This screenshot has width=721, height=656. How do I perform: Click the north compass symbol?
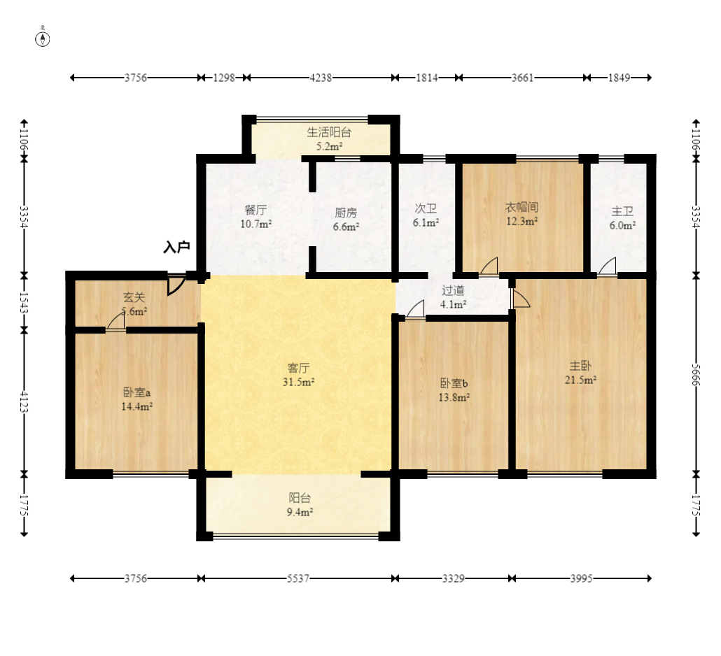[43, 38]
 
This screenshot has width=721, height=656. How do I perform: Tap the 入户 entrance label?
[176, 247]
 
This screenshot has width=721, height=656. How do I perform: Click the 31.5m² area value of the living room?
[298, 382]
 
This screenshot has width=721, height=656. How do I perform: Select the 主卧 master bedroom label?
[580, 366]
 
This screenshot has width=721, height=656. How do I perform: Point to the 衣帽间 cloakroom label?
[522, 207]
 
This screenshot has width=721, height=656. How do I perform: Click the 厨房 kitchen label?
[346, 213]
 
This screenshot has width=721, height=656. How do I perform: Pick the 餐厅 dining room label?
[255, 210]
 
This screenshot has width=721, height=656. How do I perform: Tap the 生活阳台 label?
[329, 132]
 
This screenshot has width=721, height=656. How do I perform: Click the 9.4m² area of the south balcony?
[300, 512]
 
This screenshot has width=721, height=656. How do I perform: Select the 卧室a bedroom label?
[137, 392]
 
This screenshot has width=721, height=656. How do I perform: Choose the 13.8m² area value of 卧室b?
[454, 397]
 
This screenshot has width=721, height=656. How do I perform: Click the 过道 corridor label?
[453, 290]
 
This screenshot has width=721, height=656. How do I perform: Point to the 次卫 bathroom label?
[426, 208]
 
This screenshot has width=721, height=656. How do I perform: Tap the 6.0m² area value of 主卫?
[622, 225]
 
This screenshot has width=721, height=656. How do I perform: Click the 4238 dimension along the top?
[321, 78]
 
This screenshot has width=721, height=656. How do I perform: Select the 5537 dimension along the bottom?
[298, 578]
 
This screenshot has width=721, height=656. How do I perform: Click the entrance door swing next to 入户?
[176, 285]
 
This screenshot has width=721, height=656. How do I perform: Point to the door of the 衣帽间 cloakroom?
[489, 267]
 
